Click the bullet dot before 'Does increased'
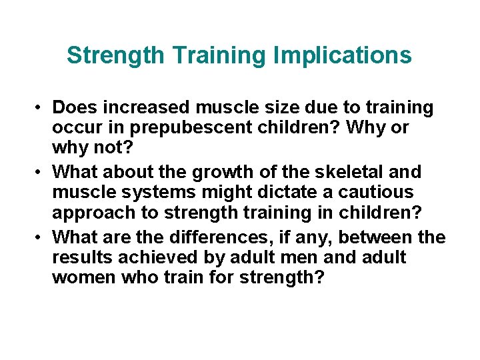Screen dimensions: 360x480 pyautogui.click(x=41, y=108)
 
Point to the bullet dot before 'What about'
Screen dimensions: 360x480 pyautogui.click(x=41, y=173)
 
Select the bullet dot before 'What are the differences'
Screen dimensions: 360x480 pyautogui.click(x=41, y=237)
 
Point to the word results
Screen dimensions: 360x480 pyautogui.click(x=77, y=257)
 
